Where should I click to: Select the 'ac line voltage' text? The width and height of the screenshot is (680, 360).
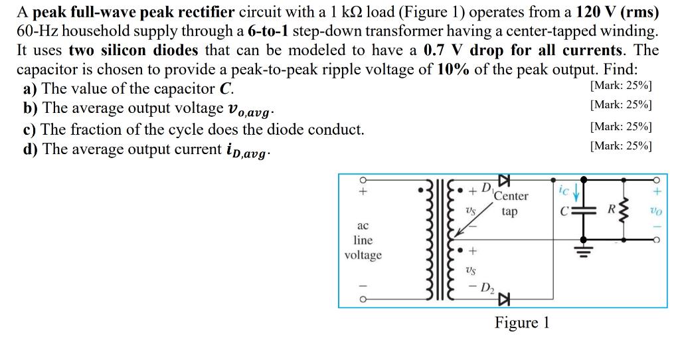[363, 240]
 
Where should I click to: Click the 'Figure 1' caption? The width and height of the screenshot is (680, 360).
[522, 323]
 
